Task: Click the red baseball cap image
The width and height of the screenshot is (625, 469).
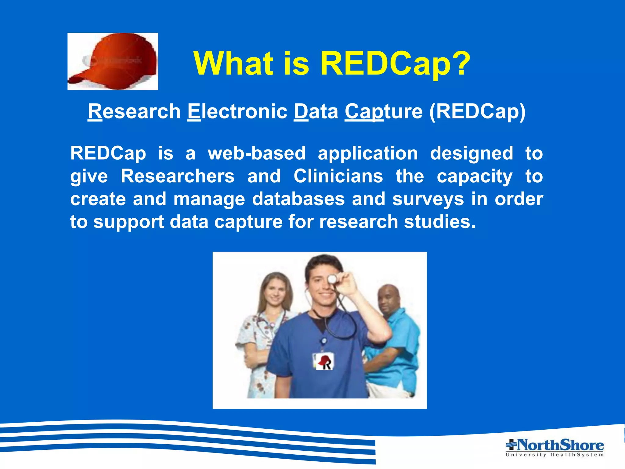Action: (x=113, y=61)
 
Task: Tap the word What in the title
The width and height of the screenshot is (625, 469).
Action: (x=233, y=63)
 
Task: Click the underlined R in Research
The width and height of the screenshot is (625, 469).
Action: (x=95, y=111)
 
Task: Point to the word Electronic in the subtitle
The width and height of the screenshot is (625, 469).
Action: (x=237, y=111)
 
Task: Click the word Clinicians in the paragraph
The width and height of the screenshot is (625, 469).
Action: (x=338, y=176)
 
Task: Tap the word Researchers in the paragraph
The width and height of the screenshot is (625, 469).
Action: (x=178, y=176)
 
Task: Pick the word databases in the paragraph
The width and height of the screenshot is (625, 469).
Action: (x=298, y=199)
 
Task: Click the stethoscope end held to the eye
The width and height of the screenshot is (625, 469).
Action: (x=332, y=278)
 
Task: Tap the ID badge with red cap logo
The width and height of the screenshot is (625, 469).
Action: (x=323, y=362)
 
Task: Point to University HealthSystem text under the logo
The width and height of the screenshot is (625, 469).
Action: (x=555, y=455)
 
